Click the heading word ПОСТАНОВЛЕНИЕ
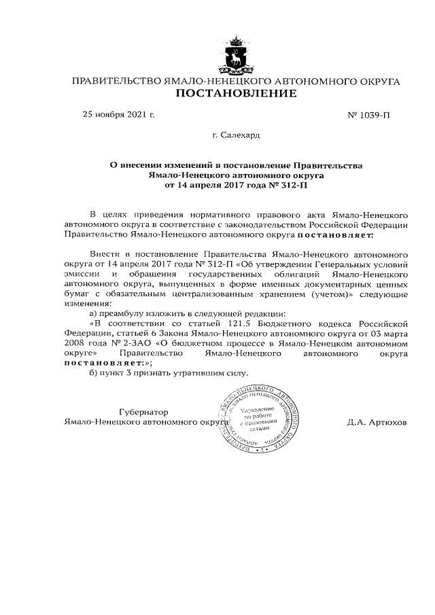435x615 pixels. click(x=236, y=93)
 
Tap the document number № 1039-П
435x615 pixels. click(x=369, y=115)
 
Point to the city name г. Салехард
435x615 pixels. click(x=236, y=135)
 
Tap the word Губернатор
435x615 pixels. click(x=143, y=412)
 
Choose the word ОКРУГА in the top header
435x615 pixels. click(x=378, y=82)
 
